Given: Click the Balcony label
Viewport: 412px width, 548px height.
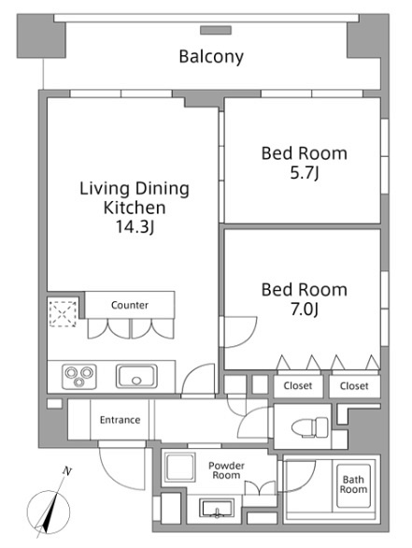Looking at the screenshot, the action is point(211,57).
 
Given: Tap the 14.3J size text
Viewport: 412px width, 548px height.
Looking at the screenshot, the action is point(135,227).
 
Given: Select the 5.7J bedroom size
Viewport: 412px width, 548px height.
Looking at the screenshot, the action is point(305,173).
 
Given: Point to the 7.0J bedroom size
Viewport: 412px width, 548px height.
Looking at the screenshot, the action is point(305,309).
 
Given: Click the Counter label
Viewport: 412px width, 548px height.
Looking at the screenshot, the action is point(130,305).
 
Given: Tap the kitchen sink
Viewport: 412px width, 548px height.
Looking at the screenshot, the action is point(136,377).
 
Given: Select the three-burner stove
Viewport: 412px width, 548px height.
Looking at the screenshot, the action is point(79,377).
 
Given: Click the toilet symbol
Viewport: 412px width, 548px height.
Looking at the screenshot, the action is point(309,427).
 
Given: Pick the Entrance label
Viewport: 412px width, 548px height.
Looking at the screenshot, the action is point(121,420).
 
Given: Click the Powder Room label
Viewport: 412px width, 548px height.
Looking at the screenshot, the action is point(226,470).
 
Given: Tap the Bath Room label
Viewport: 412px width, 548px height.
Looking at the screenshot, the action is point(353,484).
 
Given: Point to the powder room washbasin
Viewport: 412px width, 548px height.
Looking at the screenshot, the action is point(216,509).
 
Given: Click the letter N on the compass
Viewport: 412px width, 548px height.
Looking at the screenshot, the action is point(67,471).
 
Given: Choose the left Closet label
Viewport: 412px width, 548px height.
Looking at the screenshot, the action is point(298,386).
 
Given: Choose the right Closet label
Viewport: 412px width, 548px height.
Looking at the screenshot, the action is point(354,386).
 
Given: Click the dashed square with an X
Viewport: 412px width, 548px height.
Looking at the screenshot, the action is point(63,313).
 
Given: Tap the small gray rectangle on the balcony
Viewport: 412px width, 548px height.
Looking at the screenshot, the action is point(216,30).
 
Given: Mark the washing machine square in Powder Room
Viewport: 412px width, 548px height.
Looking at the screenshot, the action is point(180,468).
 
